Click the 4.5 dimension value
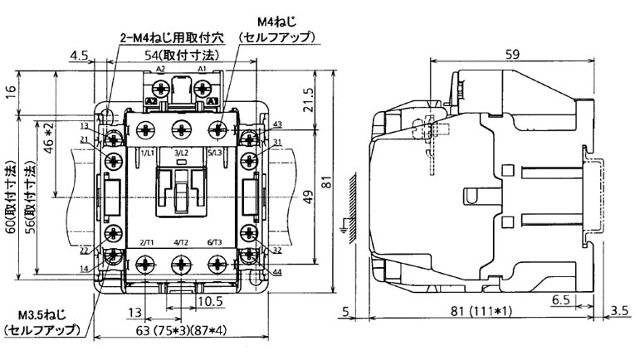(80, 55)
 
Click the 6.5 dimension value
(560, 298)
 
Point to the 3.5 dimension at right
(618, 312)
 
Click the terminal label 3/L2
(181, 154)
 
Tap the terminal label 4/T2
(180, 241)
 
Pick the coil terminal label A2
(160, 70)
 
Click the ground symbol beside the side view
(346, 222)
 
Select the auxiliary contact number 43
(276, 124)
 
